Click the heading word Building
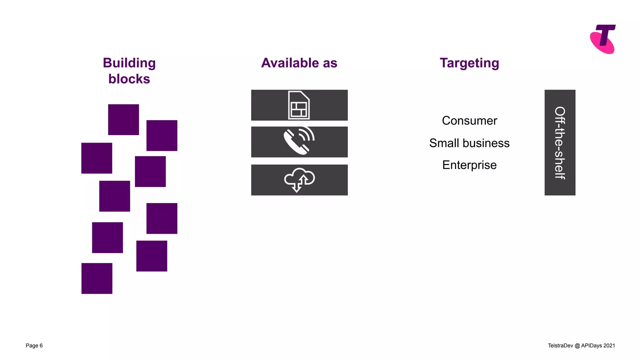pyautogui.click(x=129, y=63)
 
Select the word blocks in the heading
pyautogui.click(x=129, y=79)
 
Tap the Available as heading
pyautogui.click(x=299, y=63)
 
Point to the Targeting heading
pyautogui.click(x=469, y=63)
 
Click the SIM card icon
pyautogui.click(x=299, y=105)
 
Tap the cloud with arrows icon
pyautogui.click(x=299, y=180)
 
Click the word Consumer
pyautogui.click(x=469, y=121)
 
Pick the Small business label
pyautogui.click(x=469, y=143)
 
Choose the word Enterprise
pyautogui.click(x=469, y=165)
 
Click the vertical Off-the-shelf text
pyautogui.click(x=560, y=143)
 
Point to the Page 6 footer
pyautogui.click(x=34, y=346)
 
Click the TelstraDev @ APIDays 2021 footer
pyautogui.click(x=581, y=346)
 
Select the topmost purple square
pyautogui.click(x=123, y=120)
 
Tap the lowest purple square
pyautogui.click(x=97, y=278)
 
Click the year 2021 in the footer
pyautogui.click(x=609, y=346)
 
